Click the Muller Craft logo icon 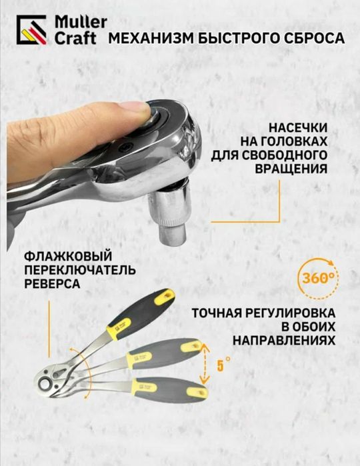pos(31,30)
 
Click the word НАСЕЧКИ pos(297,127)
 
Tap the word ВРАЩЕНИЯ pos(291,167)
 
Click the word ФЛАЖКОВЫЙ pos(66,257)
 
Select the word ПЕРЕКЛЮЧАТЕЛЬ pos(79,270)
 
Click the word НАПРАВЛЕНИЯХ pos(284,340)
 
